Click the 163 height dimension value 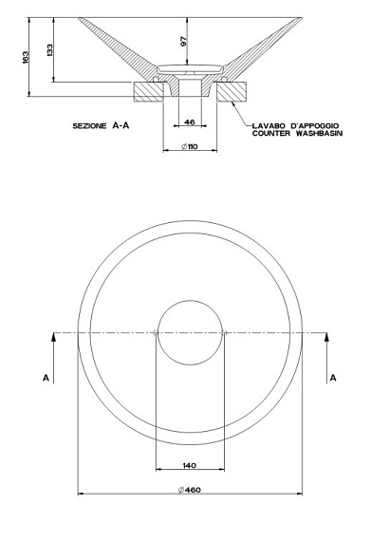coord(26,57)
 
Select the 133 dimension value coord(49,50)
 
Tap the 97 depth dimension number coord(183,42)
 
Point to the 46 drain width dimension coord(190,122)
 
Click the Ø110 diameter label coord(189,146)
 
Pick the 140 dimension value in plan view coord(189,465)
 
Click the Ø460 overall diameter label coord(190,490)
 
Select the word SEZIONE coord(89,126)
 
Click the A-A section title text coord(121,125)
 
